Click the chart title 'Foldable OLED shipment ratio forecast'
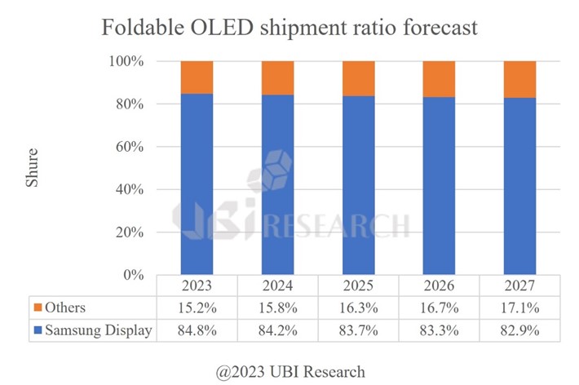point(289,28)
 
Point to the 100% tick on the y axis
point(127,62)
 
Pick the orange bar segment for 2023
point(197,77)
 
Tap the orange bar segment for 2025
point(358,79)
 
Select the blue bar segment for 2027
point(519,187)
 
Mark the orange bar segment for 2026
point(439,79)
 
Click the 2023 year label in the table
point(197,286)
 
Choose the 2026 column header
point(439,286)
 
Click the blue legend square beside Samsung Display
point(39,331)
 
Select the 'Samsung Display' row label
point(99,331)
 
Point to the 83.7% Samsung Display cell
point(358,331)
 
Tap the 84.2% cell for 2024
point(277,331)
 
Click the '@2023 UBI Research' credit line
point(289,372)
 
